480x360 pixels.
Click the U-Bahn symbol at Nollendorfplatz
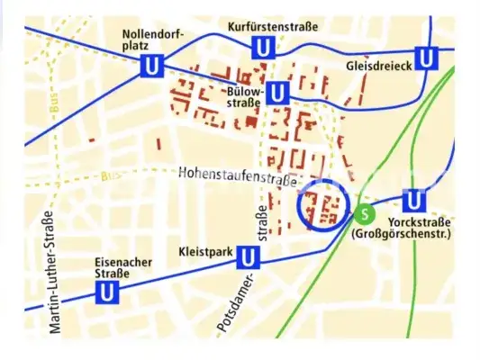click(150, 67)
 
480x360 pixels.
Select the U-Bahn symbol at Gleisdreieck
click(428, 58)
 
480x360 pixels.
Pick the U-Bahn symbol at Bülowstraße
click(277, 92)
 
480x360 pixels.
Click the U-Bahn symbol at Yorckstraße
click(413, 200)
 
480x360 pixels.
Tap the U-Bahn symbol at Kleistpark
click(249, 259)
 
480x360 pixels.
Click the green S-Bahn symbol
click(364, 214)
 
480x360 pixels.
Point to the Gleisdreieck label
click(378, 66)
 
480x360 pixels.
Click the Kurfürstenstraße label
click(273, 27)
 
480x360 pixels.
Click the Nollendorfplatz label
click(153, 39)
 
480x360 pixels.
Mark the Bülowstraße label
click(243, 96)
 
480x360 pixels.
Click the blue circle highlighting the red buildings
click(322, 208)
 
